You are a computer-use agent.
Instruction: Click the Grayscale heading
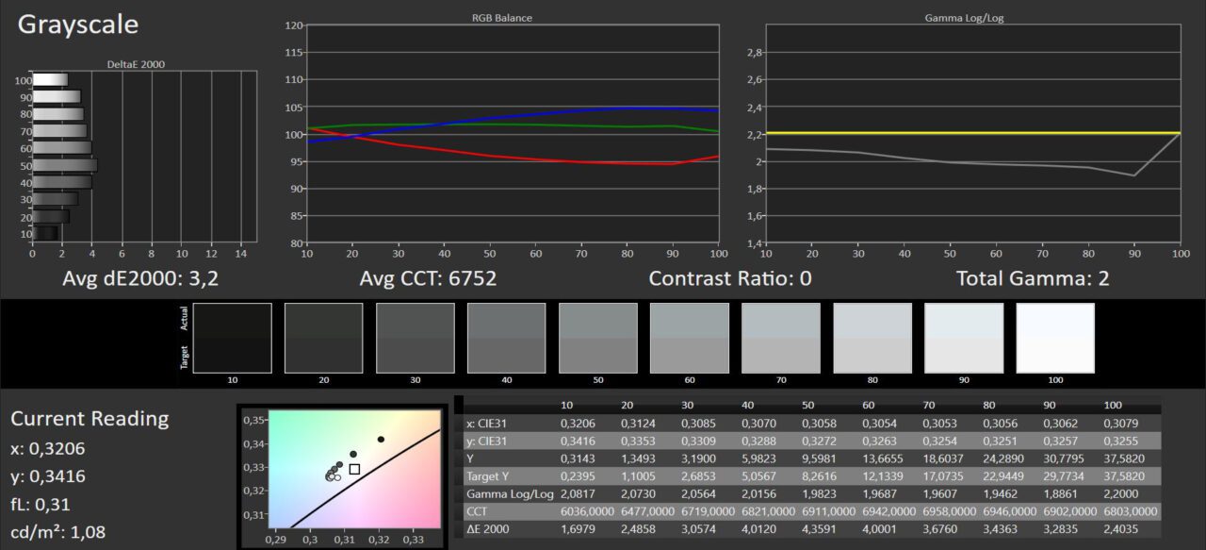78,25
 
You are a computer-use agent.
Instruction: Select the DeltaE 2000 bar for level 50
65,165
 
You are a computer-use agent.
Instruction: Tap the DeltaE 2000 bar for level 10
46,233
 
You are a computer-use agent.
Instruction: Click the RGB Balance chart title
502,18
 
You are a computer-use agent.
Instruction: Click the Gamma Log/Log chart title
964,18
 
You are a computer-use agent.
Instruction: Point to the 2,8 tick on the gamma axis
755,53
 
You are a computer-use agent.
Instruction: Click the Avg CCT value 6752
472,278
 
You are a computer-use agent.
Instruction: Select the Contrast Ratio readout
729,278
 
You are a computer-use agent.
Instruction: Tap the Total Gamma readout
1032,278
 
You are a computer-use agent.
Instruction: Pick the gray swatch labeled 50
597,338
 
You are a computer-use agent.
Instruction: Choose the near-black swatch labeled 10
232,338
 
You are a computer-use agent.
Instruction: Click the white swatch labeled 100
1055,338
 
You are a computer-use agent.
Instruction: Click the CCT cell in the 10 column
587,511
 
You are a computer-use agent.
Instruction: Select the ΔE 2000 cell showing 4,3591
819,529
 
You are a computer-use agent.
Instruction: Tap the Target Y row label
487,476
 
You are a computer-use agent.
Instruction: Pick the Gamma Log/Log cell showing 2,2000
1120,494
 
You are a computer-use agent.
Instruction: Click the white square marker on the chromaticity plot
354,469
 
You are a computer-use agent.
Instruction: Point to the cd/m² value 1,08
88,533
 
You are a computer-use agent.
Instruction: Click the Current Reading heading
90,419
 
